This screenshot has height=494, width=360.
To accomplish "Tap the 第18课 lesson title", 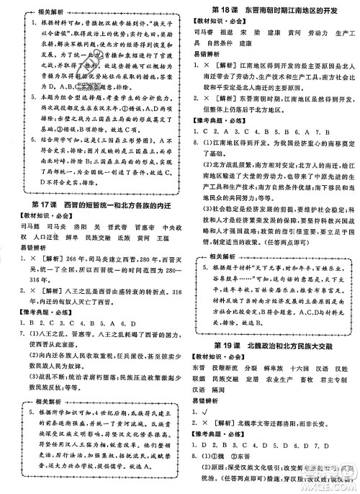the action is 271,8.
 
